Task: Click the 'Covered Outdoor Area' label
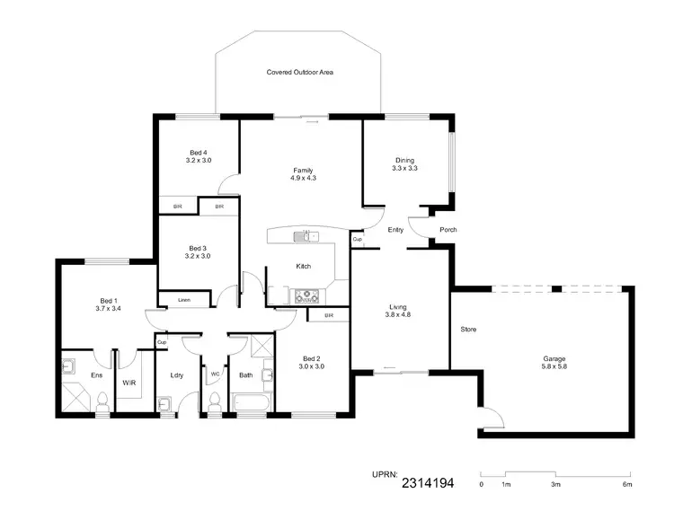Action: tap(300, 72)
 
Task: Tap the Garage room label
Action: tap(554, 358)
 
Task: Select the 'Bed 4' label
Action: tap(198, 152)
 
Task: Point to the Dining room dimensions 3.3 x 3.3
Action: tap(404, 168)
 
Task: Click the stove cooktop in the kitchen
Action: tap(307, 293)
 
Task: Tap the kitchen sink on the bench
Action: tap(306, 236)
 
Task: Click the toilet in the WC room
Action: tap(214, 405)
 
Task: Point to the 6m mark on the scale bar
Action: tap(627, 484)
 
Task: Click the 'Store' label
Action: tap(467, 330)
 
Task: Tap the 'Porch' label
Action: tap(448, 230)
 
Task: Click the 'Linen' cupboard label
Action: tap(183, 300)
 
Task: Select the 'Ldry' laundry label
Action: tap(176, 375)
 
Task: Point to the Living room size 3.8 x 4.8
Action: tap(397, 315)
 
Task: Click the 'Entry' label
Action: tap(395, 230)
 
